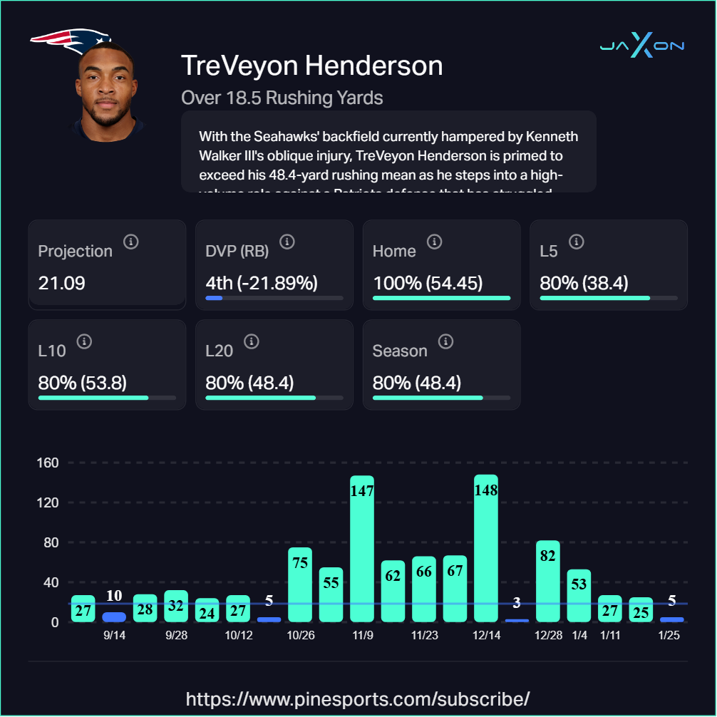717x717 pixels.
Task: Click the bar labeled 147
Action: pos(362,549)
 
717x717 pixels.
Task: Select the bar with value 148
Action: pos(486,549)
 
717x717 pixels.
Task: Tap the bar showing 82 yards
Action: pos(548,581)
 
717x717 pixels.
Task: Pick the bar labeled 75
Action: pos(300,584)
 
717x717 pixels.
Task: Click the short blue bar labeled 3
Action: pos(517,620)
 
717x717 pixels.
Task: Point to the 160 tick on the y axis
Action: pos(48,463)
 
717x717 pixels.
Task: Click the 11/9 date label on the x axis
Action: pos(362,636)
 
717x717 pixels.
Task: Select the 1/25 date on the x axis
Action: pos(669,636)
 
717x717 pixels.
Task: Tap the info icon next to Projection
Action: pos(130,242)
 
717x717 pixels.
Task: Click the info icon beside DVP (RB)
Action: pos(287,242)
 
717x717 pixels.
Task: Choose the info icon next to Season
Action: pos(445,341)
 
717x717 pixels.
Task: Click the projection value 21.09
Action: pos(62,283)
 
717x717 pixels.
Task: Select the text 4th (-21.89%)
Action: pos(261,283)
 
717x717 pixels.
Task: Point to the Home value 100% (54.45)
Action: pos(428,283)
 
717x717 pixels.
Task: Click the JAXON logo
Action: pos(641,47)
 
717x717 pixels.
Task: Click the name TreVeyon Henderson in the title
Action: pos(312,66)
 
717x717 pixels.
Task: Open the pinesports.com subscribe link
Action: pos(358,698)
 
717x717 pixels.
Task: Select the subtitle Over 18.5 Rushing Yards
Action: pos(282,98)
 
